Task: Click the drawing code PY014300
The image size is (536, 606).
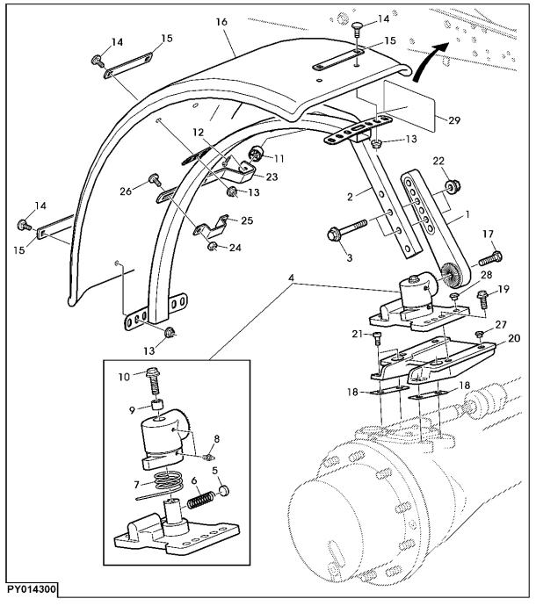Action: pos(32,590)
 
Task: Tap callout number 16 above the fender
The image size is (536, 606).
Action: pos(221,22)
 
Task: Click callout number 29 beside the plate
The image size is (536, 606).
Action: pos(454,120)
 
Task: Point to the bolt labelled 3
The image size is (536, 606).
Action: pos(347,229)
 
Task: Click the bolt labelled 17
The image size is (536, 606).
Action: pos(490,258)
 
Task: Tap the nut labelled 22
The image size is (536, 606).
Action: pos(452,187)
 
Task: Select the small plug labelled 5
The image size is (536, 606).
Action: pos(224,491)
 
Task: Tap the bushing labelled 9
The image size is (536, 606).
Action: pos(157,406)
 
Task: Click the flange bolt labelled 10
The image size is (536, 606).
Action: pos(154,382)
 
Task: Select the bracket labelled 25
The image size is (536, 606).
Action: pos(211,227)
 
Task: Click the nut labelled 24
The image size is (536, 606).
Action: pos(212,246)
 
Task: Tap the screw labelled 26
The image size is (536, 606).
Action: pos(156,180)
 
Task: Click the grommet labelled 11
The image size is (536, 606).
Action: pos(255,154)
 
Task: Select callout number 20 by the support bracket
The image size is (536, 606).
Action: pos(514,338)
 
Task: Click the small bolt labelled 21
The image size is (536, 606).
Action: pos(378,338)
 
